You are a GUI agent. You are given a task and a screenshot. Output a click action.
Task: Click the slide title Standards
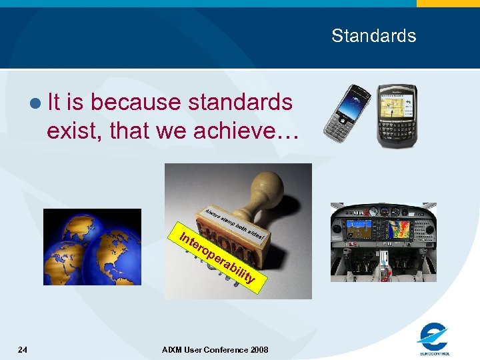373,35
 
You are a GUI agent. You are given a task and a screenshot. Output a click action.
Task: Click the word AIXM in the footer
172,349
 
